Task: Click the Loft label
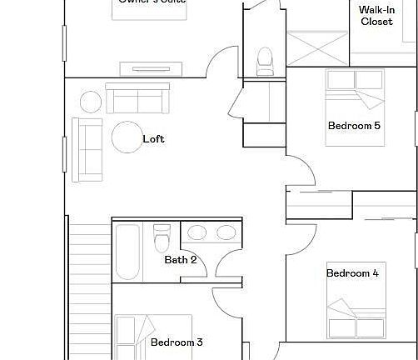tap(153, 139)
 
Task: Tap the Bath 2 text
tap(180, 260)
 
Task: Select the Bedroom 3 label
tap(177, 342)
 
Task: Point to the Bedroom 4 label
tap(352, 273)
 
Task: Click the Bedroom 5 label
tap(354, 126)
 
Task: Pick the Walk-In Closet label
tap(376, 16)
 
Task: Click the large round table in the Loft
tap(127, 137)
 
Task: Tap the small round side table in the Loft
tap(90, 102)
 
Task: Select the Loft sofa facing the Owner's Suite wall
tap(137, 98)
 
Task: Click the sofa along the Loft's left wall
tap(87, 149)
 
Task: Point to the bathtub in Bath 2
tap(129, 251)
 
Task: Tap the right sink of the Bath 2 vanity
tap(225, 232)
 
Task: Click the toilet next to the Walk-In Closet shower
tap(265, 60)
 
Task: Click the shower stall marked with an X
tap(317, 47)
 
